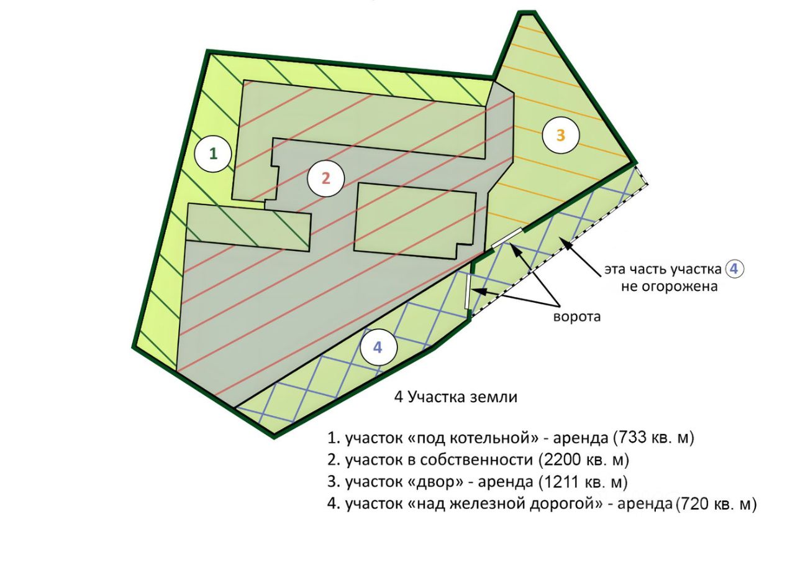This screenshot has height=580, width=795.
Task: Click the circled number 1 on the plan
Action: [x=213, y=154]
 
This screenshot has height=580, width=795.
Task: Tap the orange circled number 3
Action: [x=561, y=135]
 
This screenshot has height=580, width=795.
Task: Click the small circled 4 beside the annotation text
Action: [x=734, y=269]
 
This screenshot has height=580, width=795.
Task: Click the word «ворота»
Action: [x=577, y=316]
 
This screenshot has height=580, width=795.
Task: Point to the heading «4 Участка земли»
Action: [x=456, y=397]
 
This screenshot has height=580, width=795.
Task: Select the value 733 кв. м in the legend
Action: [x=653, y=438]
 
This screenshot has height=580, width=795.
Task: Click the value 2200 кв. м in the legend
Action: [x=584, y=460]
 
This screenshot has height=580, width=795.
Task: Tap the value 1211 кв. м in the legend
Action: [x=583, y=482]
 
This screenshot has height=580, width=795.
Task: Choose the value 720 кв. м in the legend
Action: [x=715, y=505]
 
